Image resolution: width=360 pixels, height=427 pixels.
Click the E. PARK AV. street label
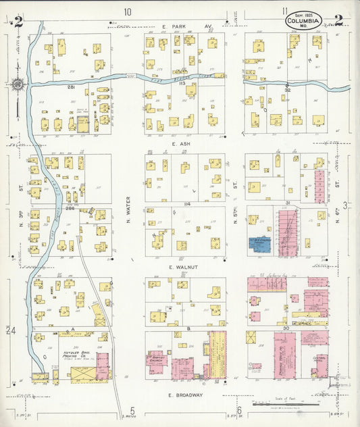(x=187, y=26)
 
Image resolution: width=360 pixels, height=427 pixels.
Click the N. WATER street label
(x=128, y=210)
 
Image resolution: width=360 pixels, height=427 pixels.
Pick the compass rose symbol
(x=19, y=85)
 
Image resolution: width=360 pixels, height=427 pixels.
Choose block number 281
(x=70, y=87)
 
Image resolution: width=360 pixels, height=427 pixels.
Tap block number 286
(x=70, y=207)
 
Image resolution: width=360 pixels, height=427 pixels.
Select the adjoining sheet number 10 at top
(x=127, y=11)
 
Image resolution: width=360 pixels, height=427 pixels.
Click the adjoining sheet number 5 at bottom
(x=133, y=410)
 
